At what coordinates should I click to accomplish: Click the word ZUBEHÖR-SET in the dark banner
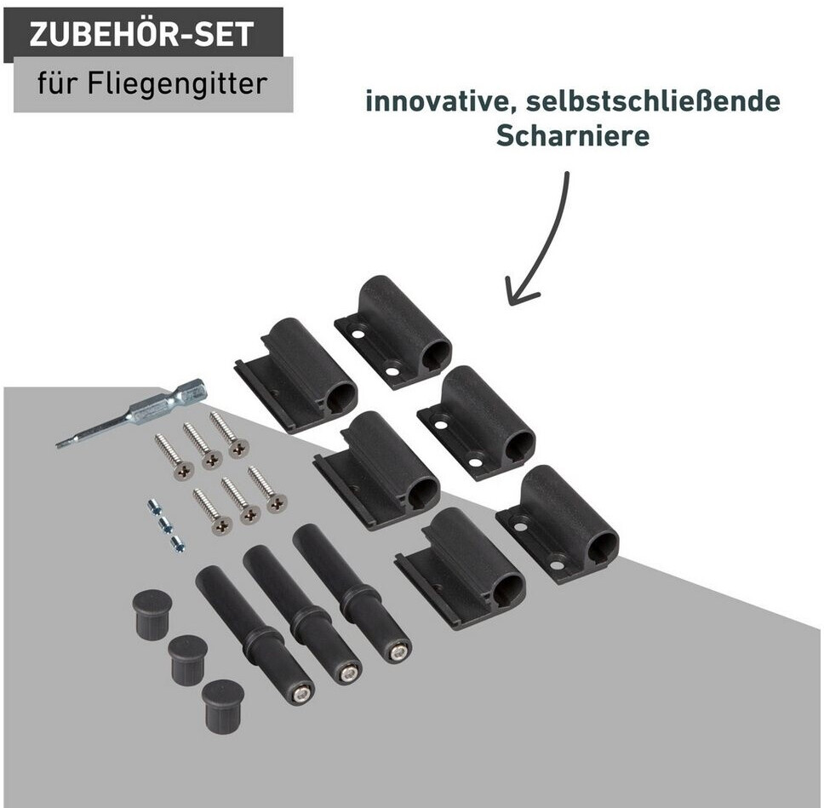point(142,35)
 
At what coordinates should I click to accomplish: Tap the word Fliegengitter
point(177,84)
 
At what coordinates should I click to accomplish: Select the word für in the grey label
point(58,83)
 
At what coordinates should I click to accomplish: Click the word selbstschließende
point(653,101)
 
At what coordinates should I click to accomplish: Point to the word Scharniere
point(573,135)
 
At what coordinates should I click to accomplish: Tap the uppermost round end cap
point(152,614)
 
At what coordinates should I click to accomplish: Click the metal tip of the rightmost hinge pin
point(398,653)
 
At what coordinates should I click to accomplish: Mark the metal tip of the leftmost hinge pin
point(301,696)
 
